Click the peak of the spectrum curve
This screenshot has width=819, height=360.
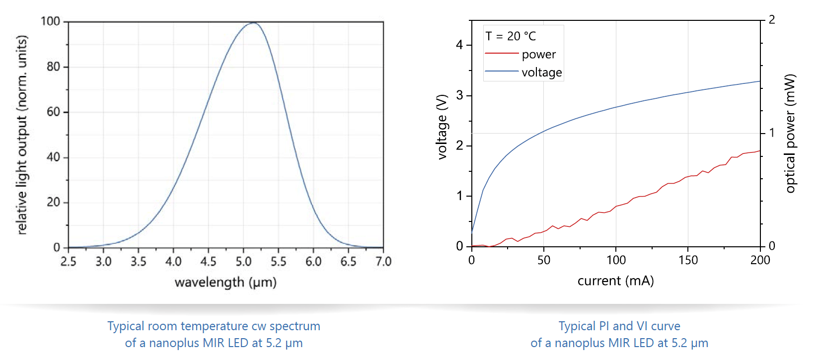[x=254, y=23]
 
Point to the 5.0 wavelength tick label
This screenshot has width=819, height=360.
[x=243, y=261]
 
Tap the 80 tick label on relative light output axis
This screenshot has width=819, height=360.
[x=54, y=67]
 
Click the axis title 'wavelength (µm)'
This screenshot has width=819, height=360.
[x=225, y=283]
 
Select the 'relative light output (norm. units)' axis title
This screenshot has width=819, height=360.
[x=21, y=135]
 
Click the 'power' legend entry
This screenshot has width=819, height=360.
[x=539, y=54]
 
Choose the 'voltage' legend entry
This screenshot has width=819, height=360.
[x=541, y=72]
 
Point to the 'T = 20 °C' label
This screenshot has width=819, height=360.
[x=511, y=36]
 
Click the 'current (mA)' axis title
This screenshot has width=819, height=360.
[x=615, y=281]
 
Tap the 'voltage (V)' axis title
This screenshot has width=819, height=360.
[x=442, y=127]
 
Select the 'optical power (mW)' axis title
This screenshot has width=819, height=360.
[x=790, y=133]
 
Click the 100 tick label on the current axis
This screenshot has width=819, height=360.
[x=616, y=260]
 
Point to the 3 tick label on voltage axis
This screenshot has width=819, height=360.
[x=459, y=95]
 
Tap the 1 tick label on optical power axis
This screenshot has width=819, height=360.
[x=772, y=133]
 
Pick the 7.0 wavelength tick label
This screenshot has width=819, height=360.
[x=383, y=261]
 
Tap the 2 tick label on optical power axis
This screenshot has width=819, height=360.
[x=772, y=20]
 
